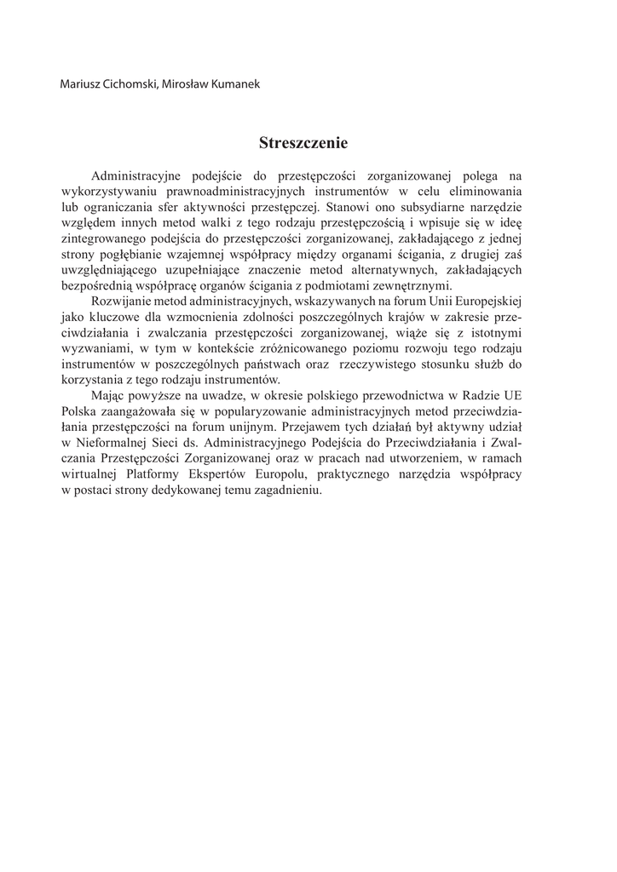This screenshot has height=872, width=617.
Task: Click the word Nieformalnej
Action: (112, 445)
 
